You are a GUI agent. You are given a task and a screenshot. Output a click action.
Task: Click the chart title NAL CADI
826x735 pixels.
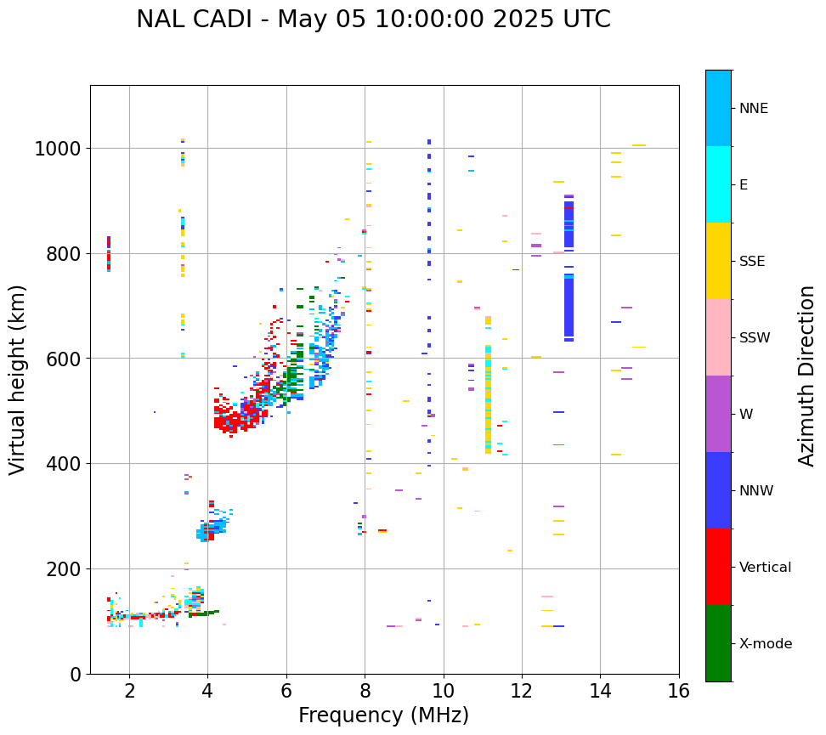click(373, 20)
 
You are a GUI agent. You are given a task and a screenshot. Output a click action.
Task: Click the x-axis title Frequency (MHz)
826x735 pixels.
click(383, 715)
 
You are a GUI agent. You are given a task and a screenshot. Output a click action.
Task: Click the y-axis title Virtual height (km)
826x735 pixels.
click(19, 379)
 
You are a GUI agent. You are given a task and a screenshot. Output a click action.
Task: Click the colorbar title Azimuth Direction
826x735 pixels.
click(806, 376)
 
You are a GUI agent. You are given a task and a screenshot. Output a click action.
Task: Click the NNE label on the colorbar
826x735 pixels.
click(754, 108)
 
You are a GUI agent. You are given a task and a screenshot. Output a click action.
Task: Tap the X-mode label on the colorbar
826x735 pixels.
click(766, 643)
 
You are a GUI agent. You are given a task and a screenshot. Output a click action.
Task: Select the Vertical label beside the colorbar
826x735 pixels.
click(765, 567)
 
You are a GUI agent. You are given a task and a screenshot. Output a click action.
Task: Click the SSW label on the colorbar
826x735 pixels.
click(755, 337)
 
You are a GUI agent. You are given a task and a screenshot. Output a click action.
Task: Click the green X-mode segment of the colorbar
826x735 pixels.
click(718, 643)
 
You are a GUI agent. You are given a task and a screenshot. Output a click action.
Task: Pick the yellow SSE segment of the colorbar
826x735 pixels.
click(718, 261)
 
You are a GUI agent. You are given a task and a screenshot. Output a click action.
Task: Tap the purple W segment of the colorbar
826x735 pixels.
click(718, 414)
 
